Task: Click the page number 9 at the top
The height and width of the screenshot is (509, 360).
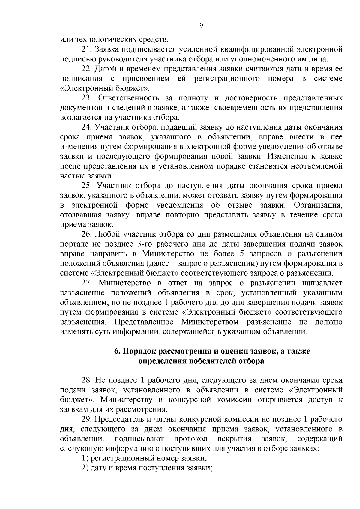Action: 201,26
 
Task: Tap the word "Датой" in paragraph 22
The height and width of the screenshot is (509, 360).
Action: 104,69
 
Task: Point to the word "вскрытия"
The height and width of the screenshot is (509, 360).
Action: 235,439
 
